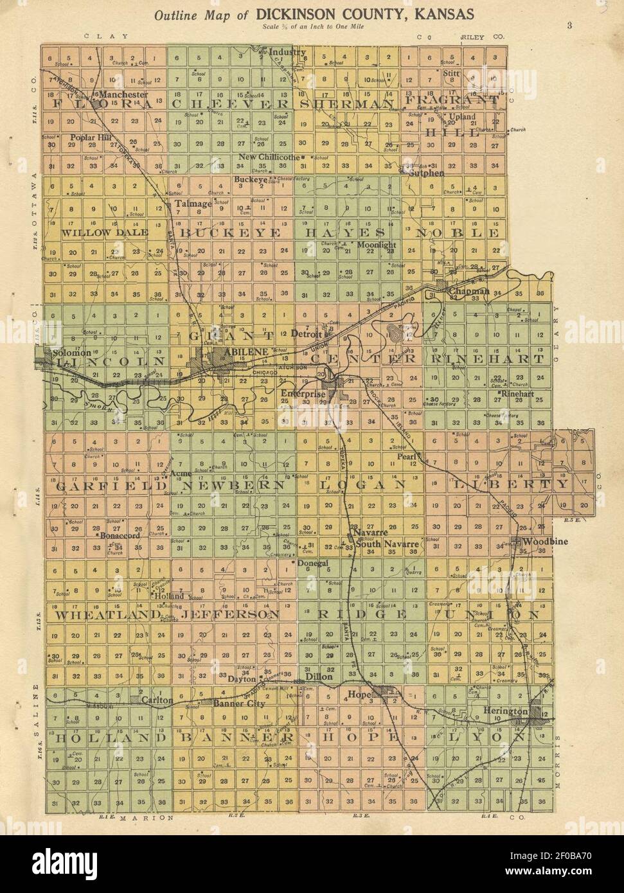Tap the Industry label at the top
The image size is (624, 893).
[x=287, y=52]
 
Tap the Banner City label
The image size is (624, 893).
[x=239, y=704]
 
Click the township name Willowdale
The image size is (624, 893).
[x=105, y=233]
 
